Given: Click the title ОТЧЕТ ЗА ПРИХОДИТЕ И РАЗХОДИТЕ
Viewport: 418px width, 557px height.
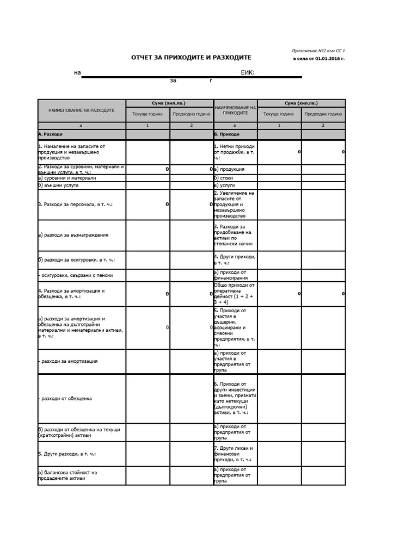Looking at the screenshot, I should coord(191,57).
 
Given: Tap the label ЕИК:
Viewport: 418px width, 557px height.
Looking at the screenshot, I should coord(248,72).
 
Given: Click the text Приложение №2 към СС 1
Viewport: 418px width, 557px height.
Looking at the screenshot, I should coord(318,51).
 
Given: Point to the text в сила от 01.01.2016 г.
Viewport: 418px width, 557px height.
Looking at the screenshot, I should coord(319,58).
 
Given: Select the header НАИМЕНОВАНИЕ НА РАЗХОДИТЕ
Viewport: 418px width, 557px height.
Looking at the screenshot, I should coord(82,110).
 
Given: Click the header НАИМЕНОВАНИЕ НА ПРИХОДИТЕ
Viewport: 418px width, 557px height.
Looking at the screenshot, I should coord(235,110).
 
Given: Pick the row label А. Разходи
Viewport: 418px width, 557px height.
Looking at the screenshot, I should coord(51,134).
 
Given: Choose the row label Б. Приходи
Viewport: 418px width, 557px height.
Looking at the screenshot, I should coord(227,134).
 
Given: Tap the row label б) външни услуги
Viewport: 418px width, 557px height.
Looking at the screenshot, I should coord(58,185).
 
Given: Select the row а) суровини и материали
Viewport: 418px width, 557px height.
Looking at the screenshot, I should coord(67,178).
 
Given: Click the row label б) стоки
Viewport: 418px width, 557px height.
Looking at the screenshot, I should coord(224,178).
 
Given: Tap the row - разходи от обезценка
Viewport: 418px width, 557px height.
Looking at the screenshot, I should coord(65,399).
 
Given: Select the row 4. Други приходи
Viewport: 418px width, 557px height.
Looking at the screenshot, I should coord(235,259).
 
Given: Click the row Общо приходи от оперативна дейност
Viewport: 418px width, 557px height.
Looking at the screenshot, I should coord(235,293).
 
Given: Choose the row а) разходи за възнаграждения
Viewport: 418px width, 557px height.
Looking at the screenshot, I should coord(73,235).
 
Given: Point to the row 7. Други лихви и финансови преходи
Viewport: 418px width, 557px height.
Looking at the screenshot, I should coord(235,454).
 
